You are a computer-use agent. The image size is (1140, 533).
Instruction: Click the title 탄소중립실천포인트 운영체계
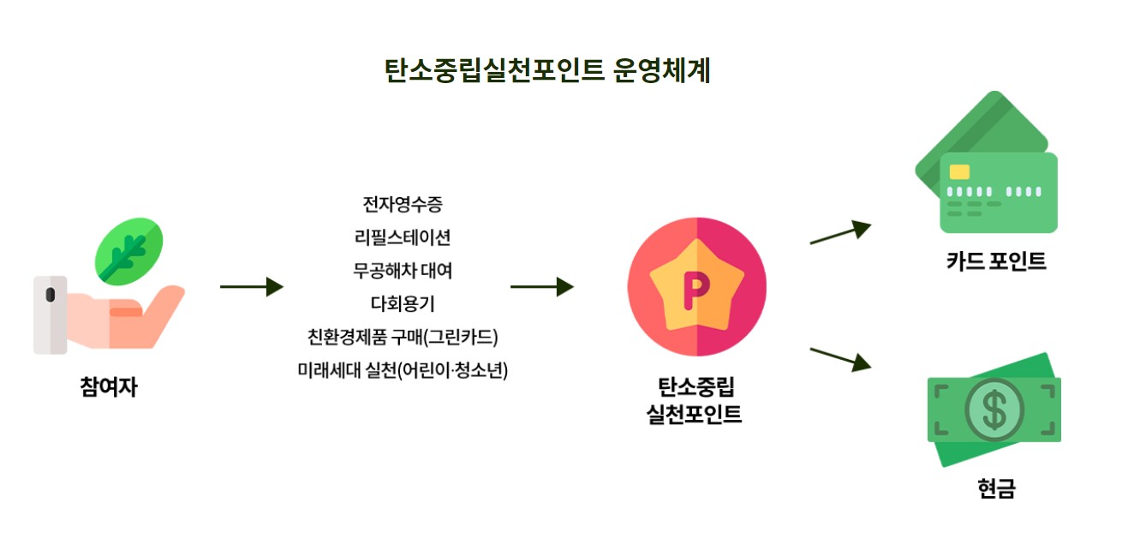click(x=547, y=69)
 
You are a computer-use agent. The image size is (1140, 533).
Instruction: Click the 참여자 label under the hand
click(x=110, y=387)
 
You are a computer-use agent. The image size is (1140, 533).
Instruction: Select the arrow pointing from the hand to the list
click(x=251, y=287)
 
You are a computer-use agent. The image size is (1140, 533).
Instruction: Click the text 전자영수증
click(x=403, y=205)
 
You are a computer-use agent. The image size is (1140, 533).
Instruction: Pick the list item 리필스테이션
click(x=403, y=237)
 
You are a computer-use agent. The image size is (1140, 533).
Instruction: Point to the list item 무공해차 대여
click(x=403, y=271)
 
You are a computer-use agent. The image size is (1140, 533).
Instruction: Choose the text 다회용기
click(x=403, y=303)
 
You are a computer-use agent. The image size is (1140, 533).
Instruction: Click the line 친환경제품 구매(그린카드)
click(x=403, y=337)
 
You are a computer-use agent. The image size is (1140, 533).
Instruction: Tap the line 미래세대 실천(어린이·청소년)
click(x=403, y=370)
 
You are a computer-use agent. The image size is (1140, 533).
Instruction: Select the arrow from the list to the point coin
click(x=541, y=287)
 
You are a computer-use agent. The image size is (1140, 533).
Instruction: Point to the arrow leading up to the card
click(x=839, y=232)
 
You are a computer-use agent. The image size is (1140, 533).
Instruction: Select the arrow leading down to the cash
click(x=839, y=357)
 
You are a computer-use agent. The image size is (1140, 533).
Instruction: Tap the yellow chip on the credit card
click(x=960, y=171)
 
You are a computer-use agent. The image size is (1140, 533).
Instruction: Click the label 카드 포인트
click(x=996, y=261)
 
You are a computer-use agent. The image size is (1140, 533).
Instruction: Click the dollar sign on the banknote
click(x=994, y=410)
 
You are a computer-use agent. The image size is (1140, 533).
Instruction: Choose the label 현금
click(x=996, y=488)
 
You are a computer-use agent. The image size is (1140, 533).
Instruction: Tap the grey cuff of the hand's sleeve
click(x=50, y=314)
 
